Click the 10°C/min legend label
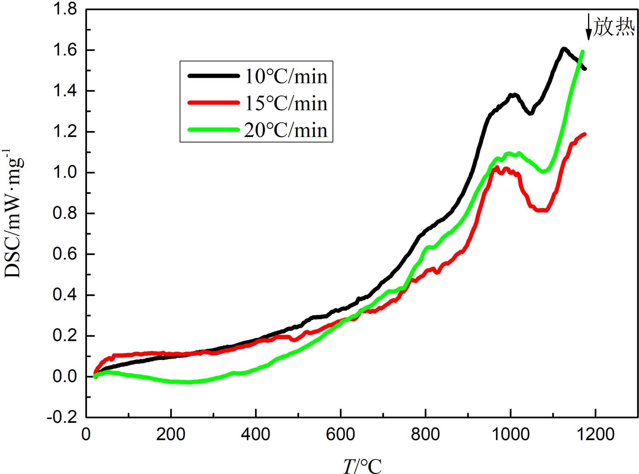tap(286, 77)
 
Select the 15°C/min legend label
tap(286, 103)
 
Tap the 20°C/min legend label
tap(286, 130)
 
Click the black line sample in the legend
tap(213, 76)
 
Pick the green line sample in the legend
tap(213, 129)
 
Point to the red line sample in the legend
tap(213, 103)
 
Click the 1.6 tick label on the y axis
tap(65, 50)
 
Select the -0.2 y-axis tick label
tap(62, 417)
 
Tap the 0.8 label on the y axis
tap(65, 213)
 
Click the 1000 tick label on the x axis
tap(511, 435)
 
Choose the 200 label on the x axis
tap(171, 435)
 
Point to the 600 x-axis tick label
tap(341, 435)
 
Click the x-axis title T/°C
tap(362, 466)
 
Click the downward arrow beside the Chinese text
tap(589, 27)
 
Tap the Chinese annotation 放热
tap(614, 27)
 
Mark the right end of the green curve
tap(582, 51)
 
